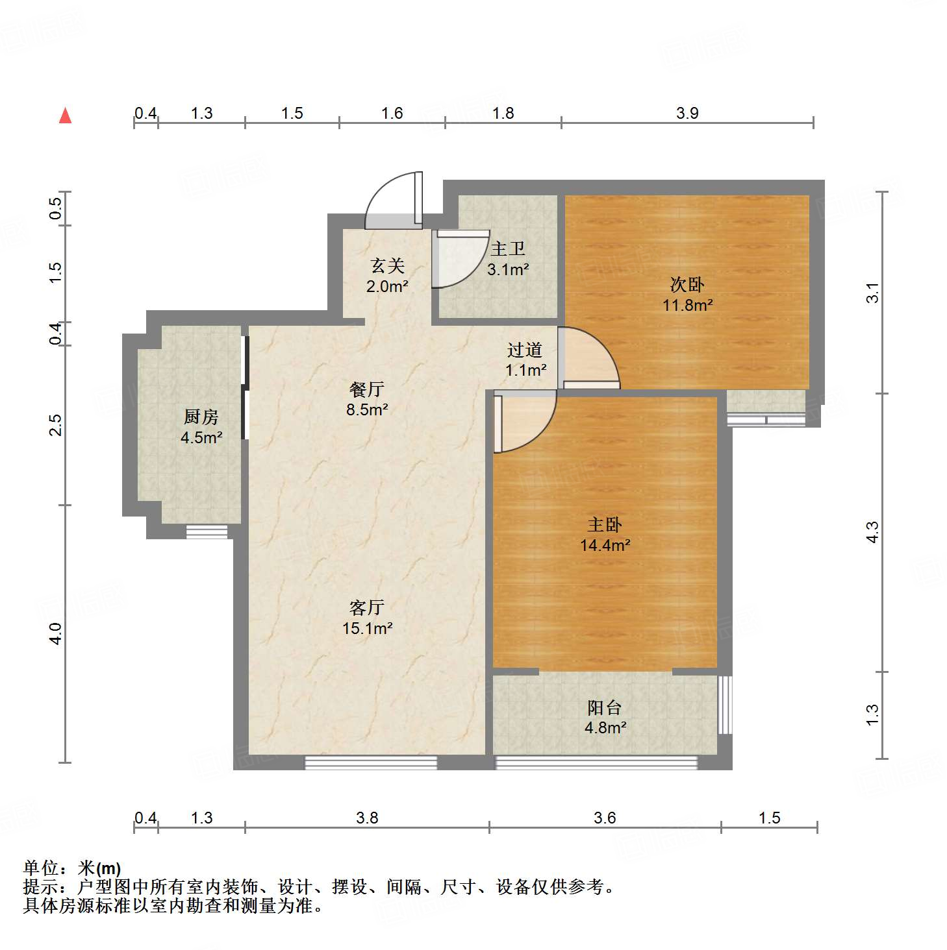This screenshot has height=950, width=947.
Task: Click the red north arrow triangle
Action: [x=65, y=116]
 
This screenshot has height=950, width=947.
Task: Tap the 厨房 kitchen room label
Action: [x=201, y=417]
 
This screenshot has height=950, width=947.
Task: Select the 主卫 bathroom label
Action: [x=507, y=249]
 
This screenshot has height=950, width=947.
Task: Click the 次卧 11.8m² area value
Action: [x=687, y=305]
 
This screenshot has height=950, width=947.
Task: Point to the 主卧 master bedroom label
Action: [x=605, y=524]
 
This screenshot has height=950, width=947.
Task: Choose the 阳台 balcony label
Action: [x=604, y=707]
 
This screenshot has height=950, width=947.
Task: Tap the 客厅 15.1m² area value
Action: [x=367, y=628]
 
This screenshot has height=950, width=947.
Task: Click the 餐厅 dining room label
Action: [x=367, y=389]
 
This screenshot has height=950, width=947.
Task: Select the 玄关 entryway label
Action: [x=387, y=265]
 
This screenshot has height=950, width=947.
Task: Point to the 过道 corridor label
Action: [x=524, y=350]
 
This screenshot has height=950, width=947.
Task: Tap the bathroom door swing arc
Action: [x=459, y=260]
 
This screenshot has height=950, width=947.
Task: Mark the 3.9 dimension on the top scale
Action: [x=687, y=113]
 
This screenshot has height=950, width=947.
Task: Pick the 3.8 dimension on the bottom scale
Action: [x=367, y=818]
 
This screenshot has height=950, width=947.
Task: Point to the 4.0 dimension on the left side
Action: [x=55, y=633]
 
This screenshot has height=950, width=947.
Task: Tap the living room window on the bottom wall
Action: [x=370, y=762]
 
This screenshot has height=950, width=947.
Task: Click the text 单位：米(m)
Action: [x=72, y=868]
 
